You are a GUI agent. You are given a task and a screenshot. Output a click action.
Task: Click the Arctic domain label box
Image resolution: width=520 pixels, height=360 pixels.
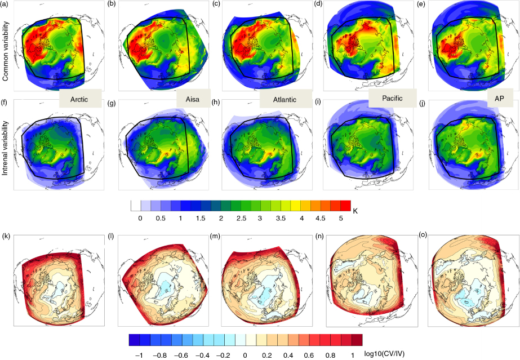tap(80, 99)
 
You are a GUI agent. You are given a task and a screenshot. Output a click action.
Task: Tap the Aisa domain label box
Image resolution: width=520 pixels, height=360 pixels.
tap(193, 98)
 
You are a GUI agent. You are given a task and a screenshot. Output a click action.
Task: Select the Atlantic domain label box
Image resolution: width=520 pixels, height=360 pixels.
tap(286, 99)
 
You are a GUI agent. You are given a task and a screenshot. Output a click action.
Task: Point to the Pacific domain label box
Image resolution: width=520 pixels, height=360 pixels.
tap(392, 98)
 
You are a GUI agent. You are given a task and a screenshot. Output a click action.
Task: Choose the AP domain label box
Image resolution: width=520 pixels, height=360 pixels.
tap(500, 98)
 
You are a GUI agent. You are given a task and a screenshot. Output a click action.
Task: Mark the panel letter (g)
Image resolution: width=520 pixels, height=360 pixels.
tap(112, 104)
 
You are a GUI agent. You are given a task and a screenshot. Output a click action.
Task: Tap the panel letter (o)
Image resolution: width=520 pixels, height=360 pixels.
tap(423, 235)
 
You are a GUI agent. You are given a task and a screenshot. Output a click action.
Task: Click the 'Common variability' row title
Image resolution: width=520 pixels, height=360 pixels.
tap(5, 51)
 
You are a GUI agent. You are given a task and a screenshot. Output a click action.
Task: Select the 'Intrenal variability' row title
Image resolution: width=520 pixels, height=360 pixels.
tap(5, 148)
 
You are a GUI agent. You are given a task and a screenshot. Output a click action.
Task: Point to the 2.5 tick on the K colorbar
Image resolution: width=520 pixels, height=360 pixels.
tap(241, 218)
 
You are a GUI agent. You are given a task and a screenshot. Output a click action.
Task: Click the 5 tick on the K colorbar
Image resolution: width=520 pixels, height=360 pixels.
tap(341, 218)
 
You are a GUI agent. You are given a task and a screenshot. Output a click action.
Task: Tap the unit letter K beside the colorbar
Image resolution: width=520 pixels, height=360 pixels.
tap(355, 211)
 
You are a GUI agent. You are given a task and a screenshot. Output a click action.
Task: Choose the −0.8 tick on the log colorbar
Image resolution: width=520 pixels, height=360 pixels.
tap(161, 355)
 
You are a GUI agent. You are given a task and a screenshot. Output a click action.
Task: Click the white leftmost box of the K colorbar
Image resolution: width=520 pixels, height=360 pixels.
tap(136, 206)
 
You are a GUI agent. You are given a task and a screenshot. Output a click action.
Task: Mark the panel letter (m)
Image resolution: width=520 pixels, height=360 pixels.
tap(215, 236)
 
